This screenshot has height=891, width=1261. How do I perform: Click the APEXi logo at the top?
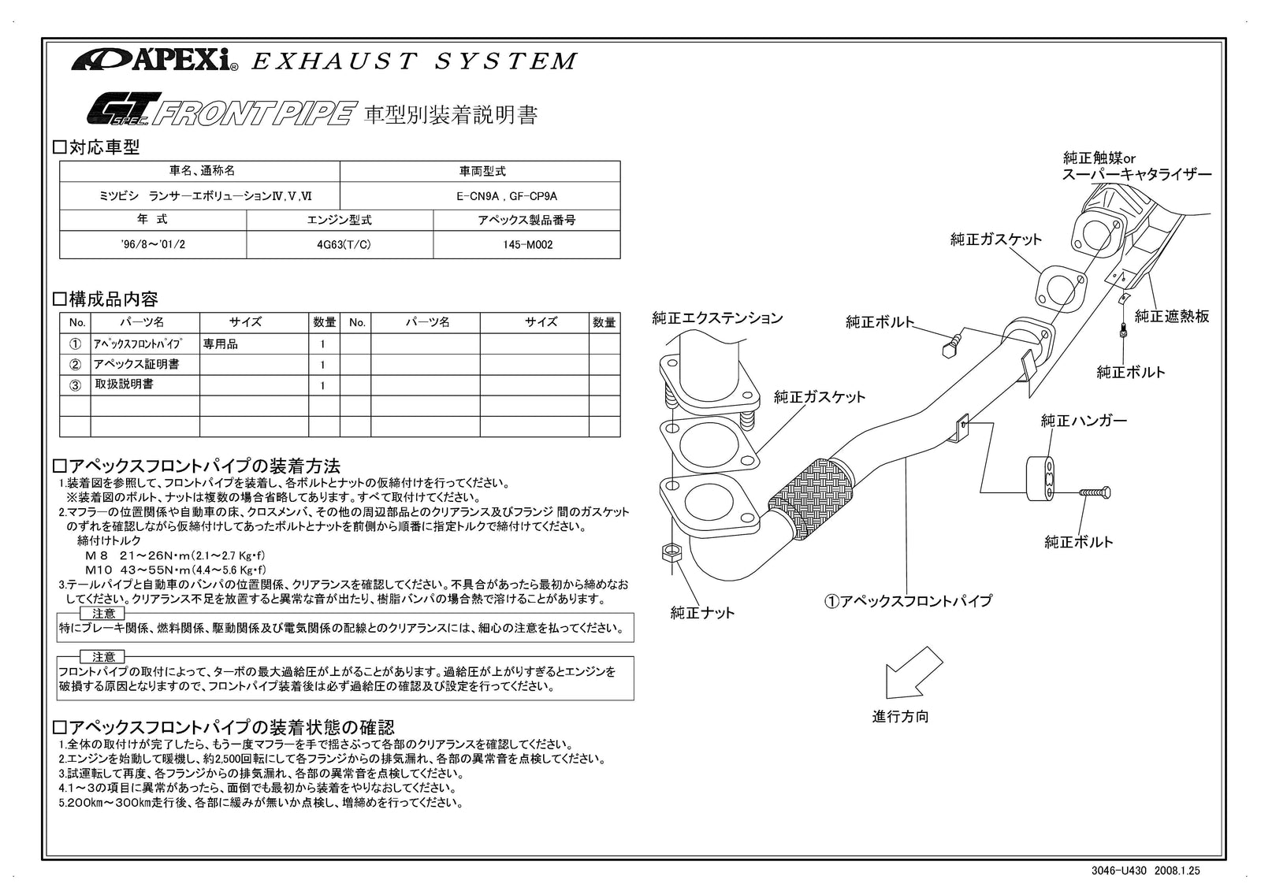coord(154,60)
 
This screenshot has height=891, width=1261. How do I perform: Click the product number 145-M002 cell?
coord(527,245)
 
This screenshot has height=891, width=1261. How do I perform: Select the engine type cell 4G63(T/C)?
coord(340,245)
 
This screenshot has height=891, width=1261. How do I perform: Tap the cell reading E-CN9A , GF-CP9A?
coord(480,196)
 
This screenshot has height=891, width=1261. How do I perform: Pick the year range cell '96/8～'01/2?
coord(154,245)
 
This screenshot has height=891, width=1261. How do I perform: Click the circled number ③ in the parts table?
coord(76,385)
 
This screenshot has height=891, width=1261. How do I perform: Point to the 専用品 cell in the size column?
coord(221,344)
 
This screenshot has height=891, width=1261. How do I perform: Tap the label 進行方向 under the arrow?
coord(900,717)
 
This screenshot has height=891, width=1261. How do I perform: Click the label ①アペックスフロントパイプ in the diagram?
coord(908,601)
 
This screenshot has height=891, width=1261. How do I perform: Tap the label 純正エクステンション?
coord(717,318)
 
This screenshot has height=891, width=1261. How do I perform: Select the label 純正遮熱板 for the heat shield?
coord(1171,317)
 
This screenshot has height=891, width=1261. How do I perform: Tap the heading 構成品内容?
coord(106,299)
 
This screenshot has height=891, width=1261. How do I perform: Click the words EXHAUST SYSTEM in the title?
coord(414,61)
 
